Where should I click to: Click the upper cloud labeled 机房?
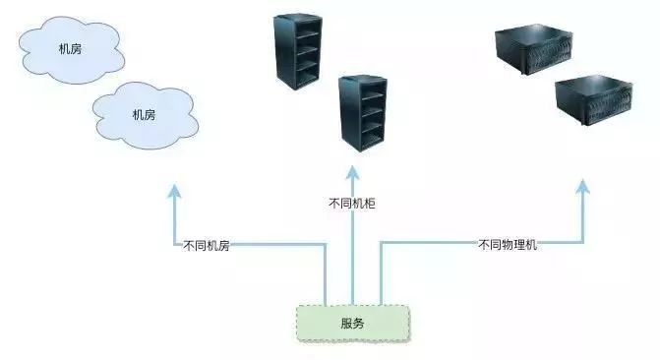70,48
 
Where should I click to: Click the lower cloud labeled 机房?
143,114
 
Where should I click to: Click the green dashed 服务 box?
353,324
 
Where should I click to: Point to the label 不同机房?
207,245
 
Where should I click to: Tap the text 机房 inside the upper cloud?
70,48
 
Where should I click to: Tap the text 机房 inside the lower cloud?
143,114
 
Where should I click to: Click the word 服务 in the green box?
353,324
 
